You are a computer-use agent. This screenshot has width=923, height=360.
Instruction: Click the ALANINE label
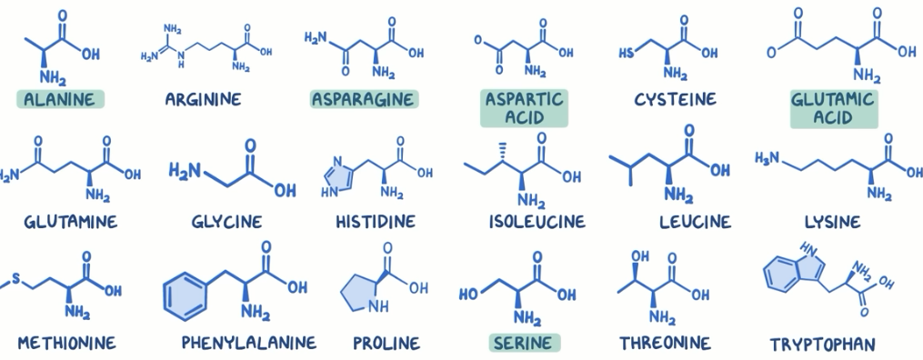[x=59, y=99]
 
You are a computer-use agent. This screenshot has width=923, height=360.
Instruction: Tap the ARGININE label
[x=203, y=99]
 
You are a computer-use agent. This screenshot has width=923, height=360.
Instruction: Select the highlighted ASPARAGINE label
[x=363, y=99]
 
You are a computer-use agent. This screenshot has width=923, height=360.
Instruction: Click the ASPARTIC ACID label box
[x=524, y=109]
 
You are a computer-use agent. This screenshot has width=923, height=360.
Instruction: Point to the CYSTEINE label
[x=675, y=99]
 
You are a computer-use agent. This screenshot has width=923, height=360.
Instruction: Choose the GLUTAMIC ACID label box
[x=833, y=109]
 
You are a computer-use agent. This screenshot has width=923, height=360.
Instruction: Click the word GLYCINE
[x=226, y=222]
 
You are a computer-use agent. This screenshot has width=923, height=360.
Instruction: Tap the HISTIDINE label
[x=375, y=222]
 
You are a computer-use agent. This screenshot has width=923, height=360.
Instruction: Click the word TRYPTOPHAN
[x=823, y=344]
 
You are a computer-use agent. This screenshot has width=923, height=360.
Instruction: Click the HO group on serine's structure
[x=469, y=294]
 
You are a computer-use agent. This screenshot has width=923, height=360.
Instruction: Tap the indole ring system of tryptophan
[x=792, y=270]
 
